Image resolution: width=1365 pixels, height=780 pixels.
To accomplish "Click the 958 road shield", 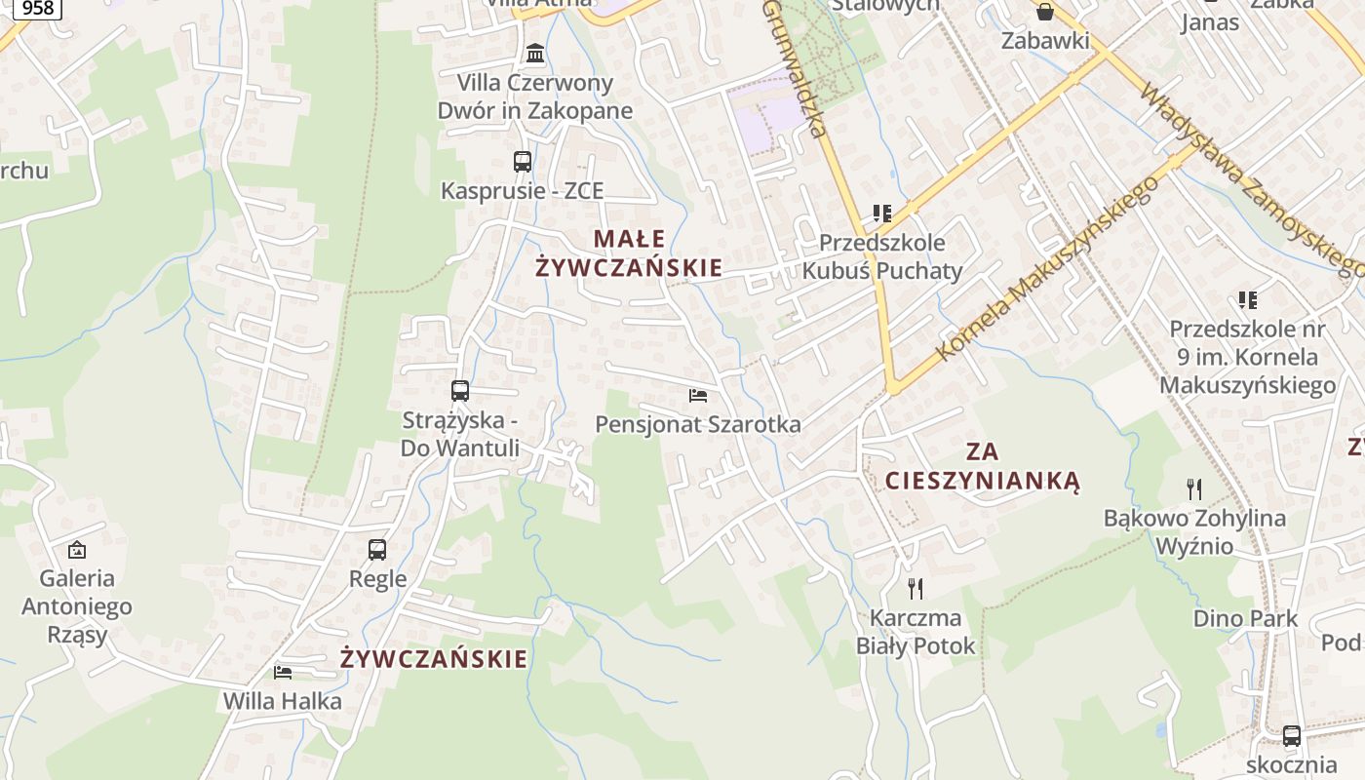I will coord(37,8).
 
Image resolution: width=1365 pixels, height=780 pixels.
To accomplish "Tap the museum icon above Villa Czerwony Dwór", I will coord(535,53).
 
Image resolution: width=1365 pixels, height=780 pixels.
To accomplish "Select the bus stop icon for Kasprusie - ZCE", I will coord(523,162).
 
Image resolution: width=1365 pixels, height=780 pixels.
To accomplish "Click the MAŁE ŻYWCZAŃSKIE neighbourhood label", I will coord(629,253).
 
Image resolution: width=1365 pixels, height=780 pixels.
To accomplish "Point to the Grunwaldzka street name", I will coord(796,68).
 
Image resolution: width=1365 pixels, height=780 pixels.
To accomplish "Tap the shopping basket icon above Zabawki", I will coord(1045,12).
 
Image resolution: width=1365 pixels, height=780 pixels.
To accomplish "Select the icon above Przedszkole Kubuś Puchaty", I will coord(882,213).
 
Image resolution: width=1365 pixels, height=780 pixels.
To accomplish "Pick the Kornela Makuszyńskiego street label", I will coord(1047,269).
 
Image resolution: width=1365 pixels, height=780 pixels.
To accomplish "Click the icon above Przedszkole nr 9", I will coord(1248,299).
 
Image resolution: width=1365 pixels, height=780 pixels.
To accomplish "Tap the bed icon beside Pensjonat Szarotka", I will coord(698,395).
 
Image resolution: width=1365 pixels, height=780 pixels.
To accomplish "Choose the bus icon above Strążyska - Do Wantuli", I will coord(460,391).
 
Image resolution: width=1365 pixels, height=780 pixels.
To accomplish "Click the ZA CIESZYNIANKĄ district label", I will coord(983,466).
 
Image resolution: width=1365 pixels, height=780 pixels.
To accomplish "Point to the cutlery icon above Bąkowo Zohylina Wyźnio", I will coord(1194,488).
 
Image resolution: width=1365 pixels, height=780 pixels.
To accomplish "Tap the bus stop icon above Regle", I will coord(377,550).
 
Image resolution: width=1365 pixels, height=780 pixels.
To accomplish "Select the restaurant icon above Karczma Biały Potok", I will coord(916,588).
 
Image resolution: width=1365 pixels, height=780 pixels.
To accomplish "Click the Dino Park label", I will coord(1246,618).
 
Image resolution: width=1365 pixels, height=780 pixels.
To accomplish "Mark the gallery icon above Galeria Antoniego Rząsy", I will coord(77,550).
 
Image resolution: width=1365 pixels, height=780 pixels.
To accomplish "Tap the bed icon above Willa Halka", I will coord(283,672).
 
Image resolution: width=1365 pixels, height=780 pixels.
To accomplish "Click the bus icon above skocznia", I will coord(1292,736).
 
